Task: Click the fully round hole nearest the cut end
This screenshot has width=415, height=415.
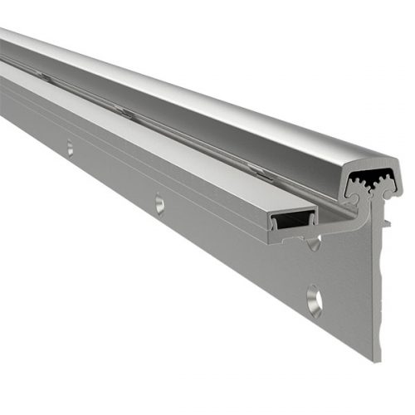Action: tap(315, 300)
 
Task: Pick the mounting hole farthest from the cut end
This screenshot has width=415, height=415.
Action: tap(70, 148)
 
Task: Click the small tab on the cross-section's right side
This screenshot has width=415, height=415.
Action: tap(388, 222)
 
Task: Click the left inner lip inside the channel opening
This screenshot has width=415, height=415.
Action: tap(275, 222)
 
